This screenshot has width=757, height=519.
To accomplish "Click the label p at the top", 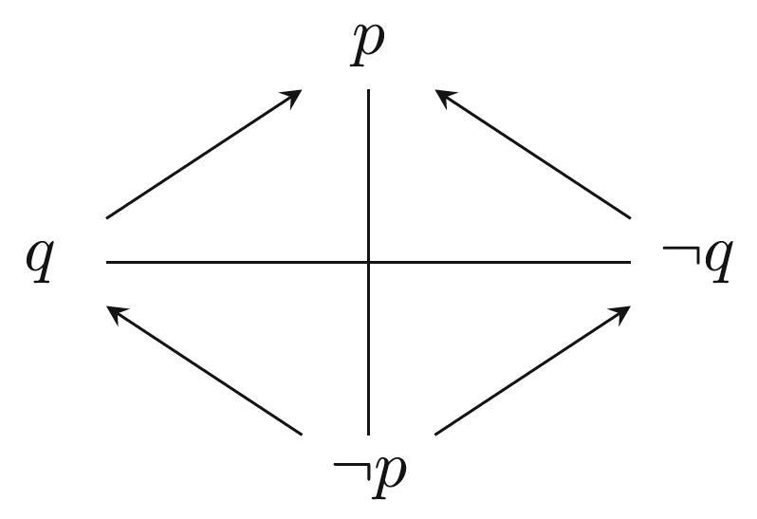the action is pos(368,46).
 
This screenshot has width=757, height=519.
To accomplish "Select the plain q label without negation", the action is pos(40,261).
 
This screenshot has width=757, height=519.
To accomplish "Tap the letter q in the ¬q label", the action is pos(719,261).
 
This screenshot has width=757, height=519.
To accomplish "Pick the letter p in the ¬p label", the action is pos(390,476).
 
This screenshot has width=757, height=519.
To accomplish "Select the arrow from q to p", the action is pos(204,154).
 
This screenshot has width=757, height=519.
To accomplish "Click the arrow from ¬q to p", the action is pos(532,154).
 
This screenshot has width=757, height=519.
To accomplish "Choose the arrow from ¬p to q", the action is pos(204,370).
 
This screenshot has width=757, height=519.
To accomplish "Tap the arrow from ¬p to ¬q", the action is pos(532,370).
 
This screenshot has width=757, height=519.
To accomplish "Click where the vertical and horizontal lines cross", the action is pos(369,262).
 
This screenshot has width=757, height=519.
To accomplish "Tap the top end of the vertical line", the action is pos(369,90).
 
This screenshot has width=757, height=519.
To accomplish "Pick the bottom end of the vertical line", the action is pos(369,435).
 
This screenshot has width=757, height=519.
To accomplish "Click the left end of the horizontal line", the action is pos(106,262).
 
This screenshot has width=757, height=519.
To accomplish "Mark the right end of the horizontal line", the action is pos(631,262).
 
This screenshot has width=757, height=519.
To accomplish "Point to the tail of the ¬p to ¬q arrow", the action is pos(435,435).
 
